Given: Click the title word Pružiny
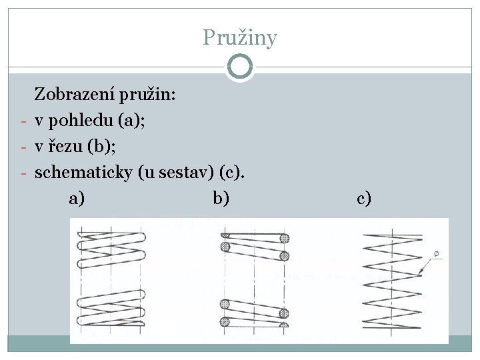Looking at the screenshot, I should coord(239,37).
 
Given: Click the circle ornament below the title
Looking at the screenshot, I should coord(239,67).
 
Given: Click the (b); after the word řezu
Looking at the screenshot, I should coord(101,147).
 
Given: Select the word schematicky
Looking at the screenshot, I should coord(85,173).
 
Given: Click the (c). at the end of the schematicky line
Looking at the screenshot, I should coord(232,173).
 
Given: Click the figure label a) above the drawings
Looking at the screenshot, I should coord(77,198).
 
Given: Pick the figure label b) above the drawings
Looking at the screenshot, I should coord(221,198).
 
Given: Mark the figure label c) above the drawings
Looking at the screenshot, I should coord(364,198).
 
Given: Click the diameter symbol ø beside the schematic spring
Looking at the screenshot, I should coord(437,254).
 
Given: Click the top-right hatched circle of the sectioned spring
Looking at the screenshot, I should coord(285,238).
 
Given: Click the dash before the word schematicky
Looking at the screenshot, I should coord(23,174).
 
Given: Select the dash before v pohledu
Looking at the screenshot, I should coord(23,121).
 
